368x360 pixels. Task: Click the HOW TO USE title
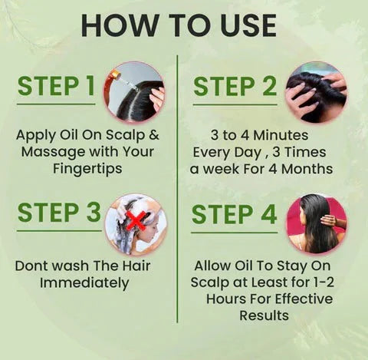178,25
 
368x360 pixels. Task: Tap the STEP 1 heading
57,87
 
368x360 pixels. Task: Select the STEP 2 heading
235,87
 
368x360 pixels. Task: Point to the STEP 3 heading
58,213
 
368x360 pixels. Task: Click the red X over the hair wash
136,220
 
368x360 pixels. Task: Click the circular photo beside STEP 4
315,223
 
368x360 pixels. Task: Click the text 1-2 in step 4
321,282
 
